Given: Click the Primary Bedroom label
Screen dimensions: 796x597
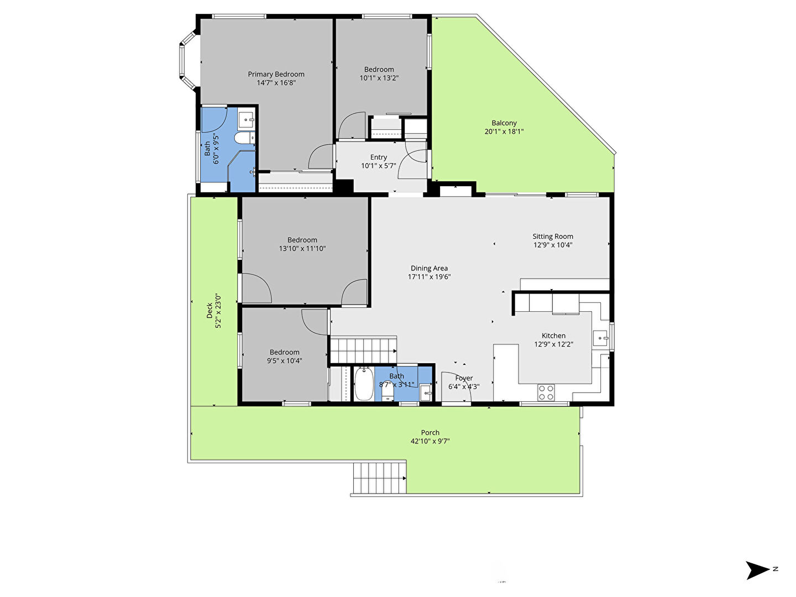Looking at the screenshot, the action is (x=276, y=74).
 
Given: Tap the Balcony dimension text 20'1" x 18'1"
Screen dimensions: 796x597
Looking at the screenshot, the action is (x=504, y=132).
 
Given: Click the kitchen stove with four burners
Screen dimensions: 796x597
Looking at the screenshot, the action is (x=546, y=392).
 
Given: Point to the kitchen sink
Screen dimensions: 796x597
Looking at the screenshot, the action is (x=600, y=338).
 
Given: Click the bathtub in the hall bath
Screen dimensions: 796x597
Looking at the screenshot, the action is (x=364, y=384).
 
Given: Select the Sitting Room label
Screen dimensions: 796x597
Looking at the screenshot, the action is (x=553, y=237).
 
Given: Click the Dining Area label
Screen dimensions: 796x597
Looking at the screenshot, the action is (x=429, y=268).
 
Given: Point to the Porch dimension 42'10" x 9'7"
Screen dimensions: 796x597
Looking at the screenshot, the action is (x=430, y=441).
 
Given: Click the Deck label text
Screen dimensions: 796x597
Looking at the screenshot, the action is (x=210, y=310).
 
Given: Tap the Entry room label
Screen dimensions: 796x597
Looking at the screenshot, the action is (x=378, y=158).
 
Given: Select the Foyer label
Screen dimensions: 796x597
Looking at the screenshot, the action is (x=464, y=379).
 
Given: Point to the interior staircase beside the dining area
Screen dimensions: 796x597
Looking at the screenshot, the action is (x=363, y=350).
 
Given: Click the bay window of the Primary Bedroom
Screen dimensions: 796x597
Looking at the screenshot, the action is (x=188, y=60).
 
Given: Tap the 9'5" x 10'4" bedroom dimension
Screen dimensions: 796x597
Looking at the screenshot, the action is (x=284, y=360).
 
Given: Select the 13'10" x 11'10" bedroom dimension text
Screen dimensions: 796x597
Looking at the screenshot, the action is (x=302, y=249).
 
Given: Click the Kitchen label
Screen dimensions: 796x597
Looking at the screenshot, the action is (x=553, y=336).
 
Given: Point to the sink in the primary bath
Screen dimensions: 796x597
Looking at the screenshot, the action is (x=246, y=119).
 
